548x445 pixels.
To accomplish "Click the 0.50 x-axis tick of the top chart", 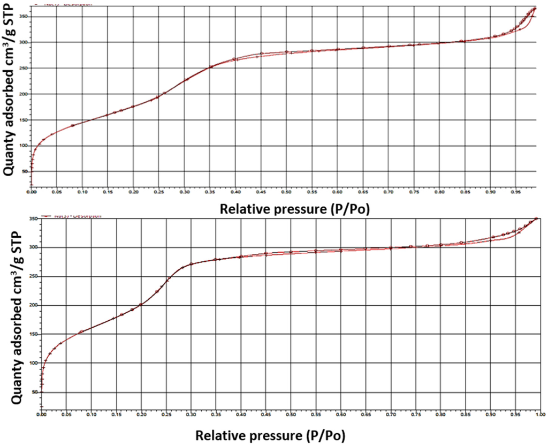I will [286, 191].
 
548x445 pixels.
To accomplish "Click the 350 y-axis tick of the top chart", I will [24, 16].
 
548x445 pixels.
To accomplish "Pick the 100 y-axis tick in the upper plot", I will [24, 146].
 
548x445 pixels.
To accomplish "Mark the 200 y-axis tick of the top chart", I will [24, 94].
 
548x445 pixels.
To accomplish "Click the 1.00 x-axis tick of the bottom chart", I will [539, 414].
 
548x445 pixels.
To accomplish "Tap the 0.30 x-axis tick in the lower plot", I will [191, 414].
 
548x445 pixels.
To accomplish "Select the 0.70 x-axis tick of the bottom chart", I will [391, 414].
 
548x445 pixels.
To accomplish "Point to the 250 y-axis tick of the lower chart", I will [33, 276].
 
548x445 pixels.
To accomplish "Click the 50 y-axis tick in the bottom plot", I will [34, 393].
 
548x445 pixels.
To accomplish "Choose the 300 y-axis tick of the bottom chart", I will [33, 247].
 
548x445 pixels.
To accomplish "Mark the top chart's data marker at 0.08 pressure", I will [73, 125].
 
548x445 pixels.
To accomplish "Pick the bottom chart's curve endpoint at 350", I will [536, 218].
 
